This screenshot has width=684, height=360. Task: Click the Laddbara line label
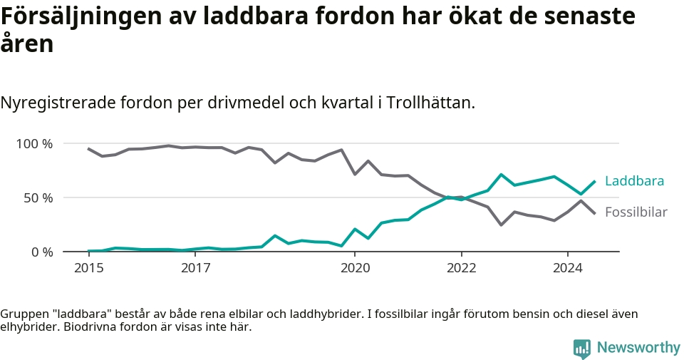634,180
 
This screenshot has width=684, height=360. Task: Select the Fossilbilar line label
636,212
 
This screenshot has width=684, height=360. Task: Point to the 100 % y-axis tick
34,143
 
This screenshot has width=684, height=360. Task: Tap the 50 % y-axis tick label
38,197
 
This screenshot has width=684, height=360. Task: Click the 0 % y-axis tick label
42,252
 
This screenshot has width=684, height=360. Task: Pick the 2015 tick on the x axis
89,267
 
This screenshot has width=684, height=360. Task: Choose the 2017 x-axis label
196,267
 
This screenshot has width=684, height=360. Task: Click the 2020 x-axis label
355,267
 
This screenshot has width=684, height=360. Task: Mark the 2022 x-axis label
462,267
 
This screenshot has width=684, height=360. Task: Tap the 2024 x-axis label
568,267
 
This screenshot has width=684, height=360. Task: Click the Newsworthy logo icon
582,349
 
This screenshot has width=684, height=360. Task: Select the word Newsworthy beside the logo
638,347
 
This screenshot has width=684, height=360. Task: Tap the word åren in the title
27,44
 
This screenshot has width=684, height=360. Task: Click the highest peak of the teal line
502,175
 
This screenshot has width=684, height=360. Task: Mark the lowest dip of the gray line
502,225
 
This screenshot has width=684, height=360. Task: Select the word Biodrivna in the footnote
85,326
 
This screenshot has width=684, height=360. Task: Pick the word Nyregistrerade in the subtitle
58,103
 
